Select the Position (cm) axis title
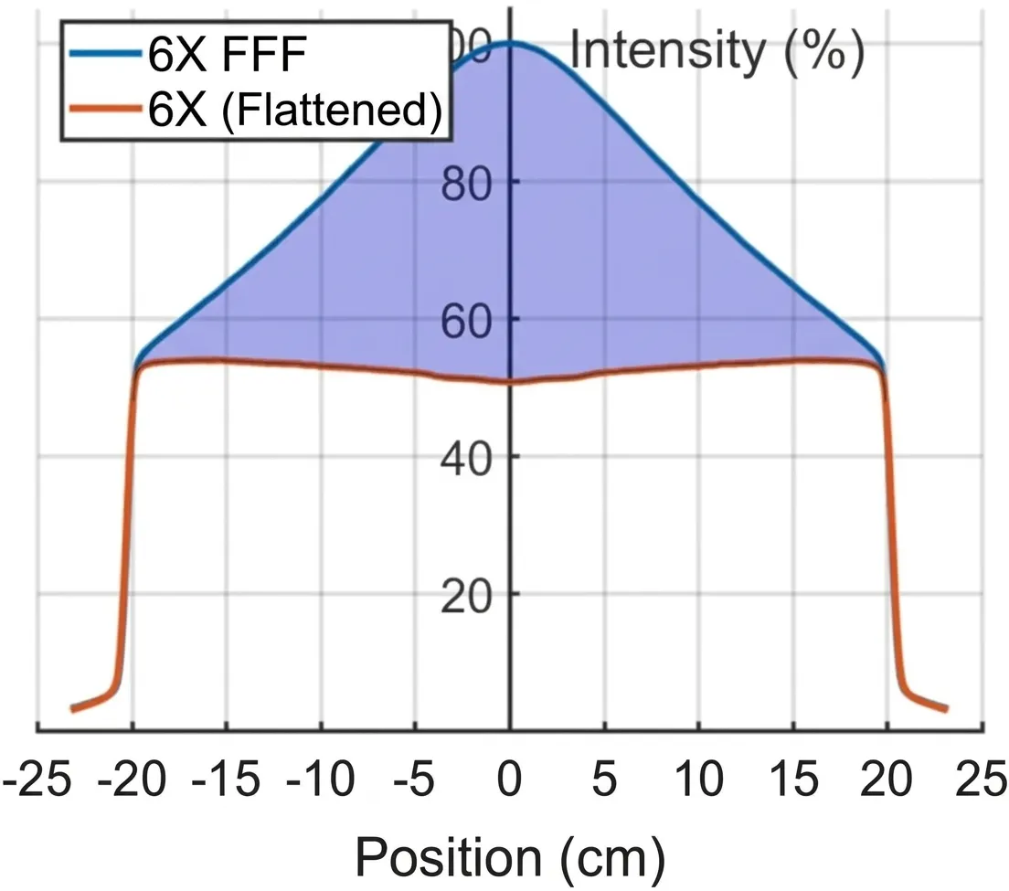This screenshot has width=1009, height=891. (x=508, y=856)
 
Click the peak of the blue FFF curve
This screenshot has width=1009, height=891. (x=510, y=42)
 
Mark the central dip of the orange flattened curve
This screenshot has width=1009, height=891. (x=510, y=383)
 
